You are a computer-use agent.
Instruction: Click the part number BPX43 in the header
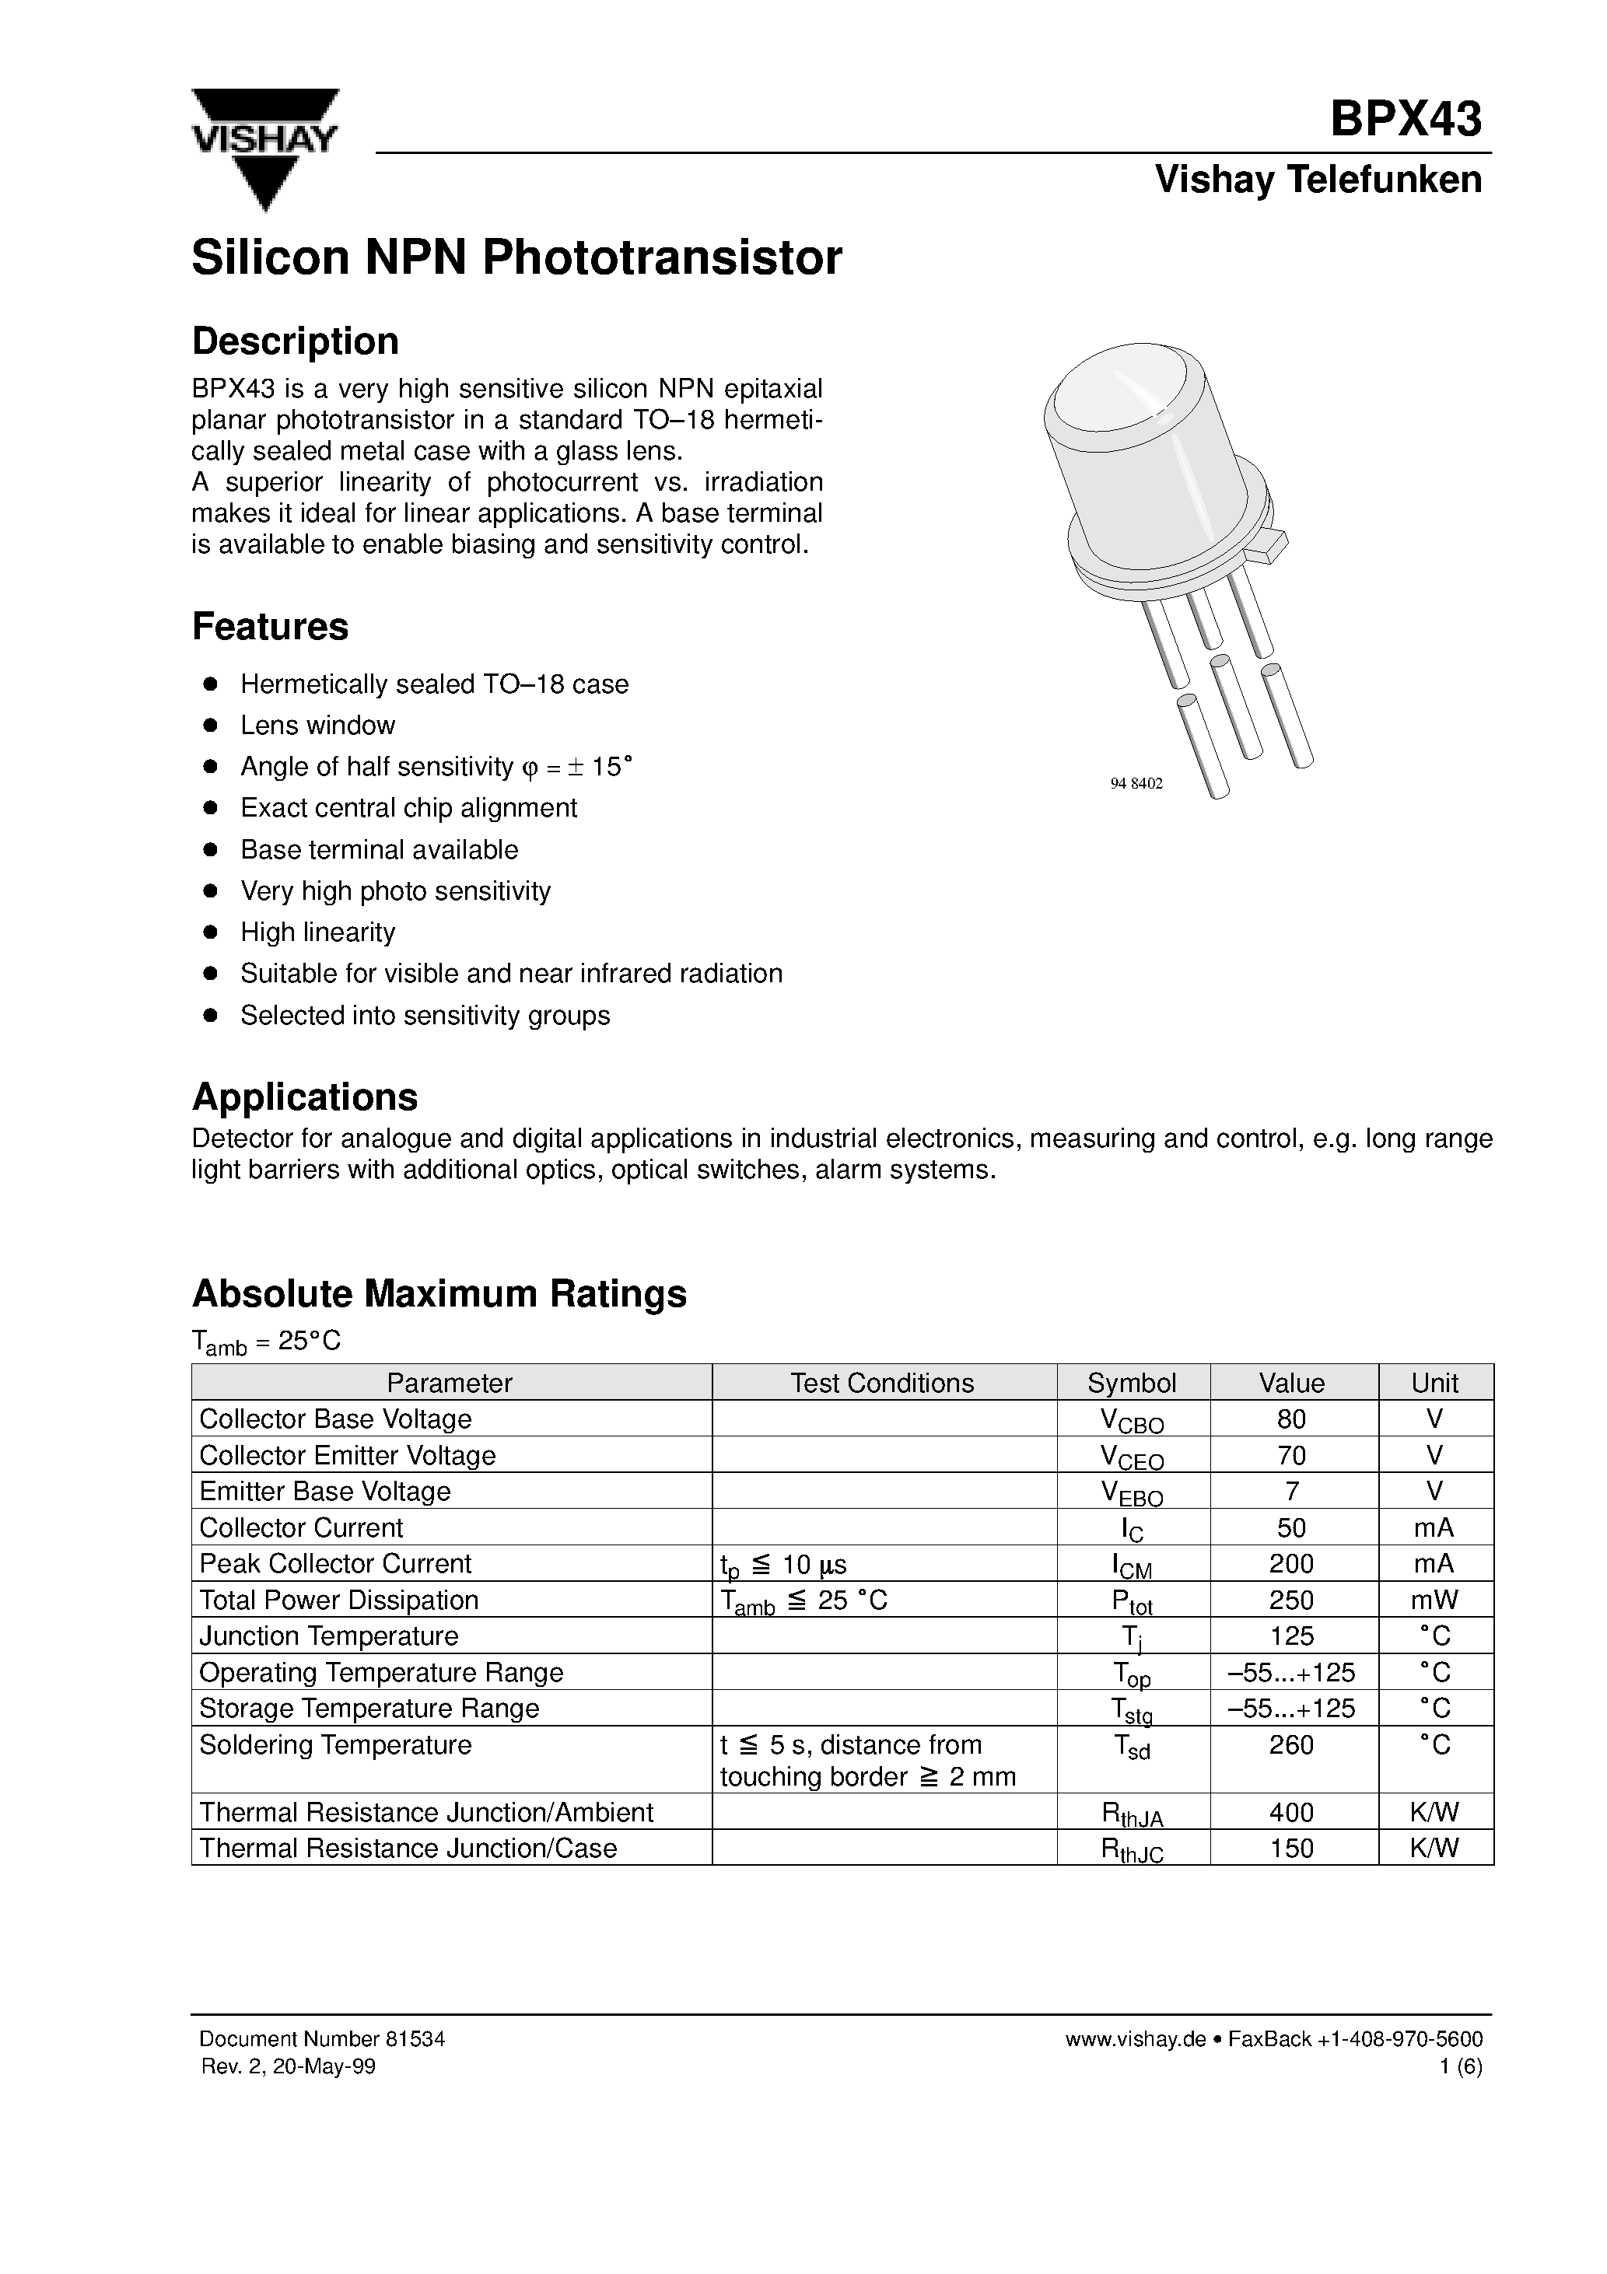[1405, 120]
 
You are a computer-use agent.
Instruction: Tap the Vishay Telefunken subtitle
[1318, 180]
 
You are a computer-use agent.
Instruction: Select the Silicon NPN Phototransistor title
[516, 257]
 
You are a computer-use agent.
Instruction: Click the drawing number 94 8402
[1136, 783]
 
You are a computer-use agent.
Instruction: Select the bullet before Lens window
[209, 726]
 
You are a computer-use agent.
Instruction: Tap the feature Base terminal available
[379, 850]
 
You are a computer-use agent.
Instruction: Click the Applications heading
[304, 1097]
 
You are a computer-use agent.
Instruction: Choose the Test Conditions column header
[882, 1383]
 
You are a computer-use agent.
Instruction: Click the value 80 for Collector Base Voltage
[1291, 1419]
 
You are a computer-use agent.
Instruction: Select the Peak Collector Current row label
[335, 1564]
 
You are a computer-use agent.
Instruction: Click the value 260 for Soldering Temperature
[1291, 1744]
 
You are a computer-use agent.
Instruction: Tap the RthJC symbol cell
[1132, 1850]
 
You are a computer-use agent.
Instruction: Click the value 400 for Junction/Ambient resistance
[1291, 1813]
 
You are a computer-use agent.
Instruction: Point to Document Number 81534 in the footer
[322, 2038]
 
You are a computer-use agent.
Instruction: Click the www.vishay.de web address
[1136, 2038]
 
